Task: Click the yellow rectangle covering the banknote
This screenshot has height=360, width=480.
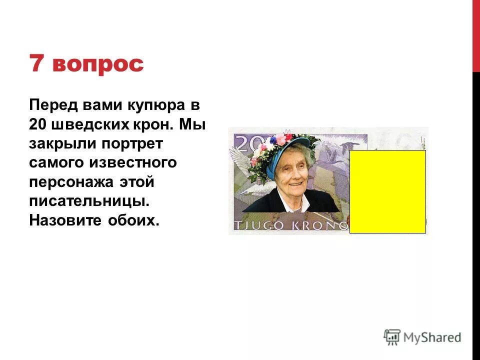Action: [387, 191]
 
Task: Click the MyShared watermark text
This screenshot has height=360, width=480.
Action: [432, 337]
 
